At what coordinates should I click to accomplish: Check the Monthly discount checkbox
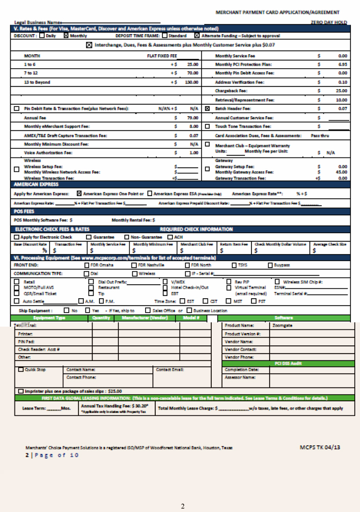point(66,36)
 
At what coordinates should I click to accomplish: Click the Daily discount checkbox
point(42,36)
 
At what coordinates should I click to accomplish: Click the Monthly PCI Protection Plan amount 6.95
point(342,64)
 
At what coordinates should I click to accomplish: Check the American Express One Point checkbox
point(80,193)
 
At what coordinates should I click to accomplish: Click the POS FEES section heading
point(24,212)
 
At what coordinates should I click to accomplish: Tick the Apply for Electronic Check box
point(17,237)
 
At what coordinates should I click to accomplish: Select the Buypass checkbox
point(270,265)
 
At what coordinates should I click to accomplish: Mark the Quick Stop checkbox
point(21,369)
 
